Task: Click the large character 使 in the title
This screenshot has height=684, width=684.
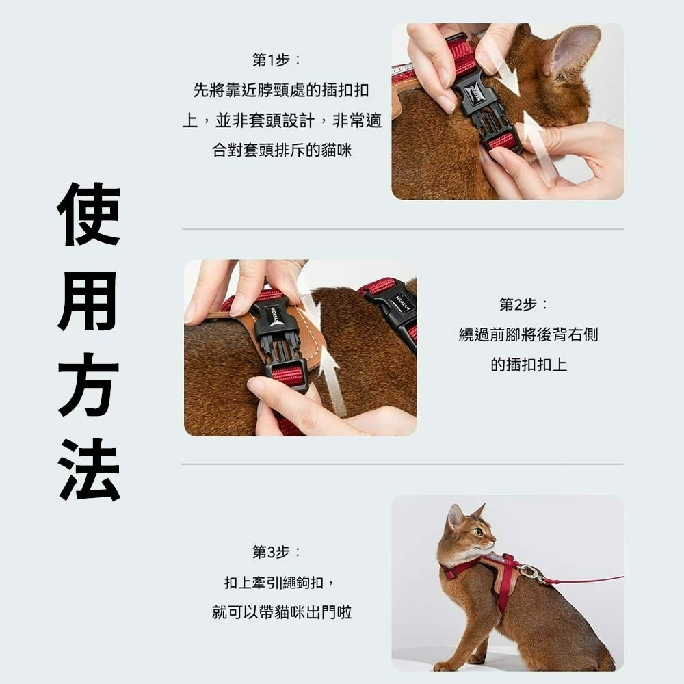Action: click(89, 214)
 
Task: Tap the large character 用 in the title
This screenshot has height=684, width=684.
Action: click(89, 300)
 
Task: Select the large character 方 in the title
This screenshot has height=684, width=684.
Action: click(89, 384)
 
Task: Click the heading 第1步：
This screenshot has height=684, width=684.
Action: click(276, 60)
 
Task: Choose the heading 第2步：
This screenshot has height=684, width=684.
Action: click(523, 304)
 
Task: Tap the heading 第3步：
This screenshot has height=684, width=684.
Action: click(276, 552)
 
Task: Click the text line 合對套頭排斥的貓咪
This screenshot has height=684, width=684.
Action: click(282, 150)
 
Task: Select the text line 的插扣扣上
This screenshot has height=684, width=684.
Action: click(529, 365)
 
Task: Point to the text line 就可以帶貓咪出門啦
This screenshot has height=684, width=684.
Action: click(282, 612)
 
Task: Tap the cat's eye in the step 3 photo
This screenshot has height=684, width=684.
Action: click(477, 531)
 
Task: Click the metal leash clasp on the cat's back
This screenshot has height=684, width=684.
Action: click(528, 572)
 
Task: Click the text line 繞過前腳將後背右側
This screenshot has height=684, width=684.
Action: click(529, 334)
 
